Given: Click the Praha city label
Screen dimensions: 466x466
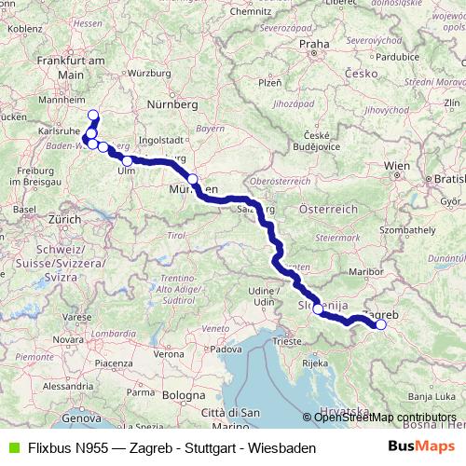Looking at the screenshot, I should (314, 43).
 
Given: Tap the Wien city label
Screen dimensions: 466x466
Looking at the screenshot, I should (397, 166).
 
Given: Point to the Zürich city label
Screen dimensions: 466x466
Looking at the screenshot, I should (65, 218).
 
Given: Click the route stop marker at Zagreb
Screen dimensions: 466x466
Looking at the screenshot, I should (380, 325).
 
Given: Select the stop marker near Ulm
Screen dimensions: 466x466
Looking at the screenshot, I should (127, 161).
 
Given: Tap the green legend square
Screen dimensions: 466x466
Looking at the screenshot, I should (10, 448).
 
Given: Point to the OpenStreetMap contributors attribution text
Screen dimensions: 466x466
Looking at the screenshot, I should (385, 417).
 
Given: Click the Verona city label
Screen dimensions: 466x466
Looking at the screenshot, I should (169, 355).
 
